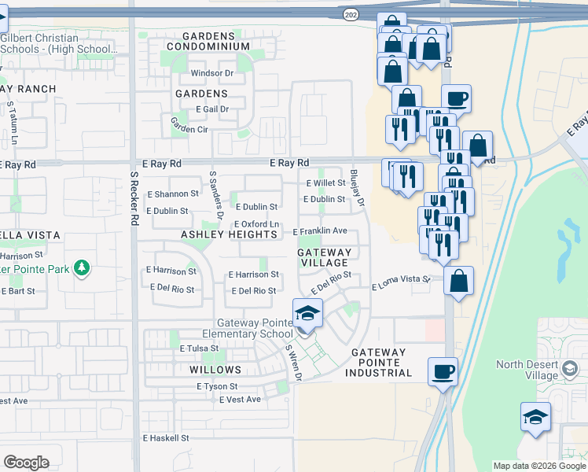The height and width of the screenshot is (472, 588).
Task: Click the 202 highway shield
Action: click(x=350, y=13)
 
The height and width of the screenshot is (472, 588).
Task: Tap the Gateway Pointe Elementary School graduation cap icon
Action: click(x=308, y=314)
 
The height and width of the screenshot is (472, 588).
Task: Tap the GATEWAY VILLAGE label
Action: click(x=323, y=256)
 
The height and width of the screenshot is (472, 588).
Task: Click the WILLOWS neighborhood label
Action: click(x=215, y=369)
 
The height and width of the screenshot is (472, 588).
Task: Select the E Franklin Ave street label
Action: click(x=320, y=231)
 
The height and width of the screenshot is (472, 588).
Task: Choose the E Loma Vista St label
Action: click(x=401, y=280)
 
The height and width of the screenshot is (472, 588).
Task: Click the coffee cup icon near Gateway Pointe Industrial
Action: click(x=443, y=371)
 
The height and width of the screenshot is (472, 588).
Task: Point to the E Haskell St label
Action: click(x=166, y=437)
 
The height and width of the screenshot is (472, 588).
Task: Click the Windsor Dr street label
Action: click(x=213, y=74)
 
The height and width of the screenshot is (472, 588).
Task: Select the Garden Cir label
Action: click(x=189, y=127)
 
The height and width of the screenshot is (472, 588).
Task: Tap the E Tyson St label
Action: click(x=217, y=386)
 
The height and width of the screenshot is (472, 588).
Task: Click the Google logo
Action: click(x=26, y=463)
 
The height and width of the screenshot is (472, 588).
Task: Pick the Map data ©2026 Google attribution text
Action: click(x=538, y=466)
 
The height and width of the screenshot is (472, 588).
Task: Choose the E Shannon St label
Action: click(x=173, y=194)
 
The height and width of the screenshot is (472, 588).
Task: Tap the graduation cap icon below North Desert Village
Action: click(x=535, y=417)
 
